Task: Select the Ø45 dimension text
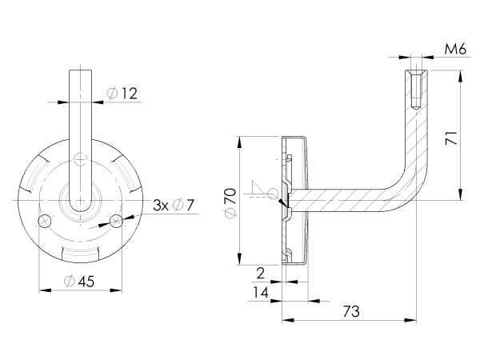(x=79, y=281)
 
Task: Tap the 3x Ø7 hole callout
(x=174, y=205)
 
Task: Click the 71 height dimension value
(x=452, y=138)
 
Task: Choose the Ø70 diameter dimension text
(x=230, y=202)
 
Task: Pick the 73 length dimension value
(x=350, y=311)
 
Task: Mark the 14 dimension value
(x=259, y=293)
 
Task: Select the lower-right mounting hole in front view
(x=117, y=220)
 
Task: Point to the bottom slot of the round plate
(x=81, y=254)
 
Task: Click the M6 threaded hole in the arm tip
(x=416, y=90)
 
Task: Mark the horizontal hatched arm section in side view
(x=344, y=200)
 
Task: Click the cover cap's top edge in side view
(x=296, y=138)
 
